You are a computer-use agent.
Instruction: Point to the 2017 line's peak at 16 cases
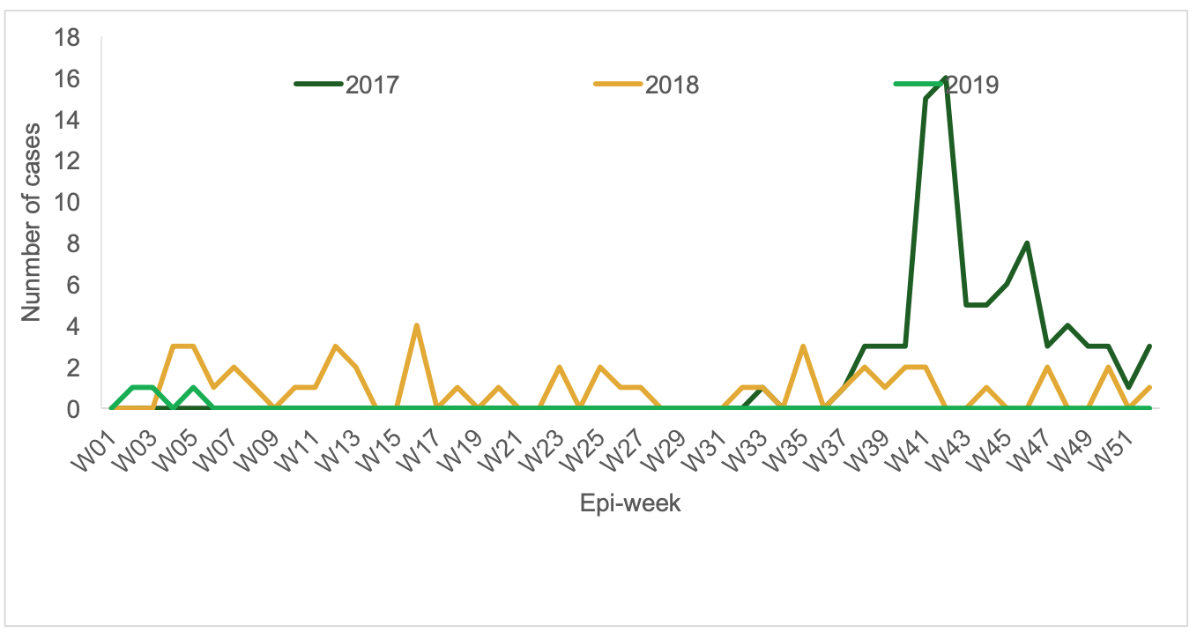click(946, 79)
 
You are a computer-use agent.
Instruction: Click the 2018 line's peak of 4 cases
click(416, 326)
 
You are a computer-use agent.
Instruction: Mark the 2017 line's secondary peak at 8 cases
click(1027, 243)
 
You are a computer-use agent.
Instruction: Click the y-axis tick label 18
click(67, 38)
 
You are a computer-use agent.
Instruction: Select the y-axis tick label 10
click(67, 203)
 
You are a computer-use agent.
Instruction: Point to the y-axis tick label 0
click(73, 409)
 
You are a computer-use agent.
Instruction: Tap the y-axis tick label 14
click(67, 121)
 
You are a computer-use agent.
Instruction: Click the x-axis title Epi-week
click(629, 504)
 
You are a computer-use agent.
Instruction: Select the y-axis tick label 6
click(73, 286)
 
